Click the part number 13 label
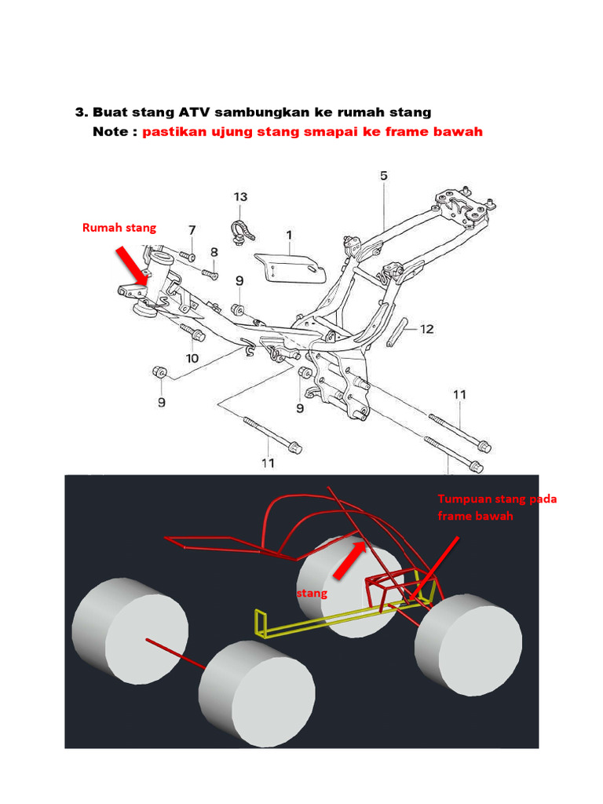tap(240, 196)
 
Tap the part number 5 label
tap(383, 177)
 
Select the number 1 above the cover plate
tap(289, 235)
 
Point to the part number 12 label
tap(426, 329)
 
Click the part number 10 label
tap(192, 358)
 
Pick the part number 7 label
tap(192, 230)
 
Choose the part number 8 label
tap(214, 252)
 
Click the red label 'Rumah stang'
tap(119, 228)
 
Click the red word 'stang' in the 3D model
tap(312, 594)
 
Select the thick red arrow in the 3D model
tap(348, 559)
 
